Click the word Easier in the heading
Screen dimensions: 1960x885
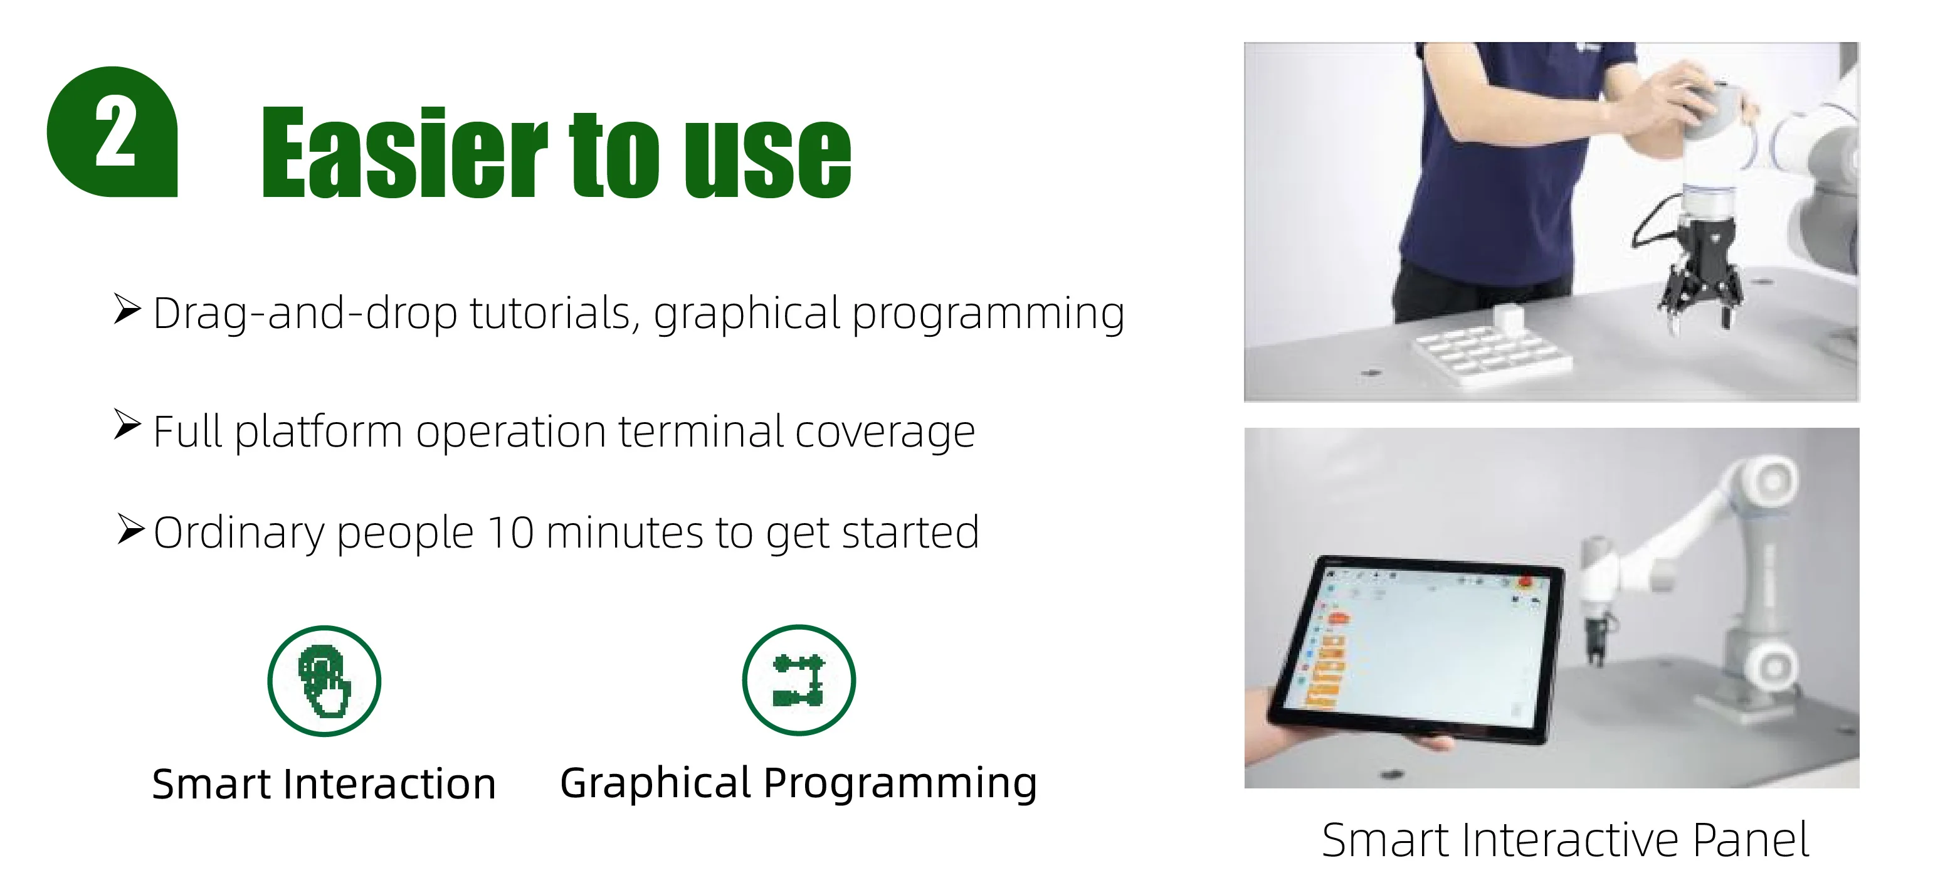[x=404, y=152]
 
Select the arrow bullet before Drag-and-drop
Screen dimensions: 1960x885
[x=128, y=309]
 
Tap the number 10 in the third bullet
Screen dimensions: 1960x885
[x=511, y=533]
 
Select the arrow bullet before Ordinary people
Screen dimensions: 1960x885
[x=131, y=529]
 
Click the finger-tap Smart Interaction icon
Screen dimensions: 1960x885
[x=324, y=681]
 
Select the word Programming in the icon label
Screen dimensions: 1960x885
[x=900, y=784]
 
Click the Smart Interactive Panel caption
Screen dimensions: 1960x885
[x=1565, y=840]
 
